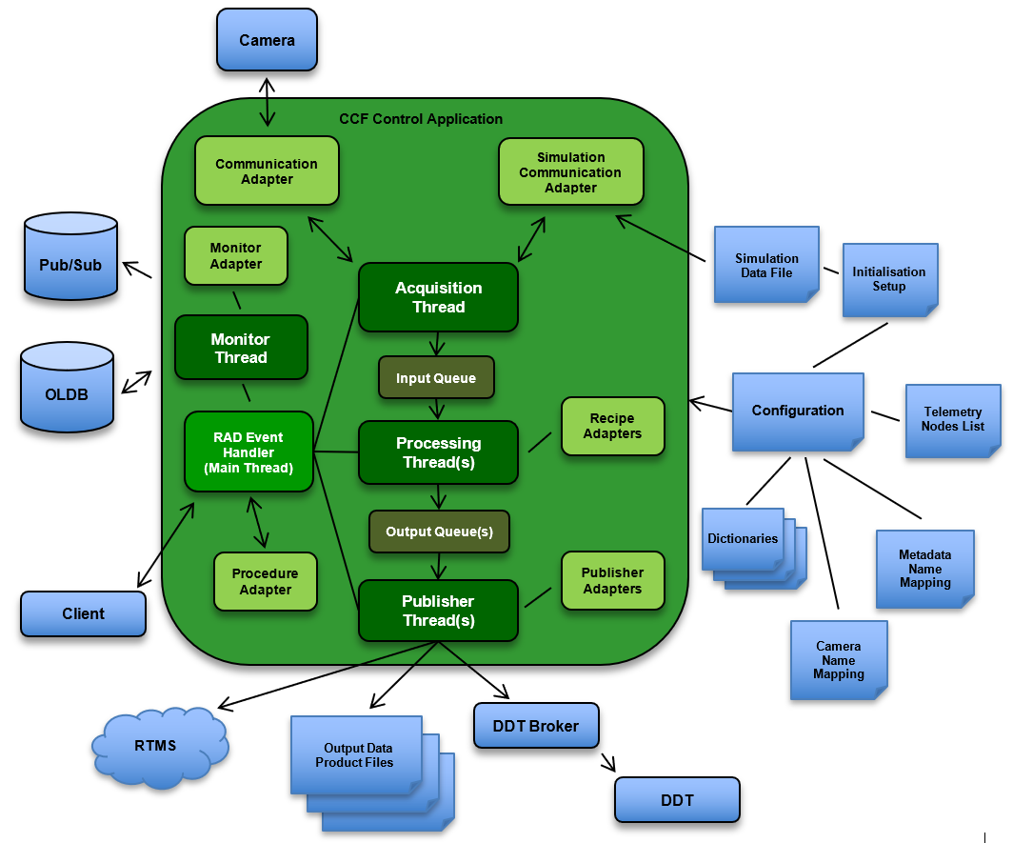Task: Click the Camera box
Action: (267, 39)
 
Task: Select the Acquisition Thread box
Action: (438, 297)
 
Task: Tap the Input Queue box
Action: (435, 378)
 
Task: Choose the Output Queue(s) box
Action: (439, 532)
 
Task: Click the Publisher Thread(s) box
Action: (438, 611)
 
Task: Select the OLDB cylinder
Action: (67, 389)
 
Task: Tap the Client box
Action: (83, 613)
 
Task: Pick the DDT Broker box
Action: (535, 726)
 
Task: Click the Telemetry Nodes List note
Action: (952, 420)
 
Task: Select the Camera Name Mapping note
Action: (838, 660)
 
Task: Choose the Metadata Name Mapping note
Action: (924, 569)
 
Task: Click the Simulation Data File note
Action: (766, 265)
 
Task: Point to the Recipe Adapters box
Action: (612, 426)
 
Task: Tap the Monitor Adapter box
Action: (235, 255)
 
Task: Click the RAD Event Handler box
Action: (248, 452)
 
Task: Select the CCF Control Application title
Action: (421, 119)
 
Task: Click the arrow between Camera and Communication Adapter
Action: (268, 103)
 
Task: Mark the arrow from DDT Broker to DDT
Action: (607, 763)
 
